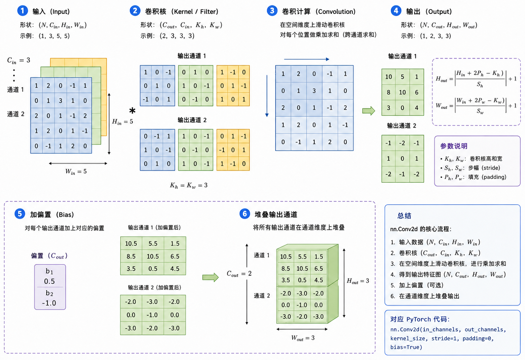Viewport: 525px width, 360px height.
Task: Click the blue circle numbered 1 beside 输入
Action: tap(22, 11)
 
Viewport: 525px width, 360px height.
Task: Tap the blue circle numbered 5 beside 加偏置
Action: tap(20, 214)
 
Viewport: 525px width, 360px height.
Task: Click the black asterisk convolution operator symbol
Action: tap(132, 110)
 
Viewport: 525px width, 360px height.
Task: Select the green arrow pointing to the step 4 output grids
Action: tap(369, 111)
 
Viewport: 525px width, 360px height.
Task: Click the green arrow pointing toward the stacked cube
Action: tap(210, 278)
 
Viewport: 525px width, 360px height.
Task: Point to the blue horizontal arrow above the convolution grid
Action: tap(307, 60)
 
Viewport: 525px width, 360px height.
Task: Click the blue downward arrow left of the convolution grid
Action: tap(267, 96)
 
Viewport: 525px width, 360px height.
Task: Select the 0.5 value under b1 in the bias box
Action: tap(49, 281)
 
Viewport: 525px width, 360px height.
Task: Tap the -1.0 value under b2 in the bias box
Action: tap(49, 303)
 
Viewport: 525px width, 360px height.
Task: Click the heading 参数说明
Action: tap(454, 146)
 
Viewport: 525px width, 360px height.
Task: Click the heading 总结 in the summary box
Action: tap(404, 216)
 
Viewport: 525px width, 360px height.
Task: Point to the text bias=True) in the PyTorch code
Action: tap(406, 347)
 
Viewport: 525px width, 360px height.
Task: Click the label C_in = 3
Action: tap(19, 61)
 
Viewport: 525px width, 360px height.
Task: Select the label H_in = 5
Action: tap(122, 122)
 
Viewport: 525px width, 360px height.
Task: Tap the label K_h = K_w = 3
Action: tap(189, 185)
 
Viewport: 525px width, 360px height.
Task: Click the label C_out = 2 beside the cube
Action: tap(239, 274)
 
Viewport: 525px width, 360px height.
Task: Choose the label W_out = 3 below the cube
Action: tap(303, 338)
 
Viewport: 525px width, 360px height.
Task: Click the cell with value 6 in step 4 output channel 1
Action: tap(417, 92)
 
